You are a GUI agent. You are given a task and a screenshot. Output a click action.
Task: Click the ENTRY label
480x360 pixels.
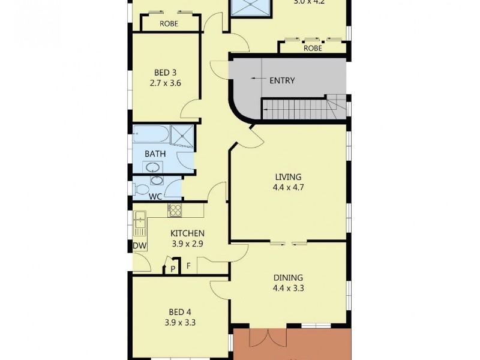coord(282,80)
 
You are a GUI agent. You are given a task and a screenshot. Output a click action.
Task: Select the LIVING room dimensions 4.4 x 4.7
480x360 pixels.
coord(287,187)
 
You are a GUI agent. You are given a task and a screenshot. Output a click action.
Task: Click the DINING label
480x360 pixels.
coord(288,278)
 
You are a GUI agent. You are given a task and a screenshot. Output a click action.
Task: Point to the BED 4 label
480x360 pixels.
coord(180,311)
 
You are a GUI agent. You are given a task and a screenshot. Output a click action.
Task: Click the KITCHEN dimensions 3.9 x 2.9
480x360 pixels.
coord(187,244)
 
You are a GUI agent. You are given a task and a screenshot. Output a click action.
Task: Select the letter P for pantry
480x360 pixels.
coord(173,268)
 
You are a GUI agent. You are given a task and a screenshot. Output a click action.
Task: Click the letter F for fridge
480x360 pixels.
coord(188,265)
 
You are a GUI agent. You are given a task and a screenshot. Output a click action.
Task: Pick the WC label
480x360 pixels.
coord(155,196)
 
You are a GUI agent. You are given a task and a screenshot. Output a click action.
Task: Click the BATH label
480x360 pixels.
coord(154,154)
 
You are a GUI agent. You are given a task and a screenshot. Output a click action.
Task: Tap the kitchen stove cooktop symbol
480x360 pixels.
coord(175,210)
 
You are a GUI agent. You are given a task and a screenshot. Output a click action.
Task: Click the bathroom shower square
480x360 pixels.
coord(183,136)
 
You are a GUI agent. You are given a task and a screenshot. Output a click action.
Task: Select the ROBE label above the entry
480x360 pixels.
coord(313,49)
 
